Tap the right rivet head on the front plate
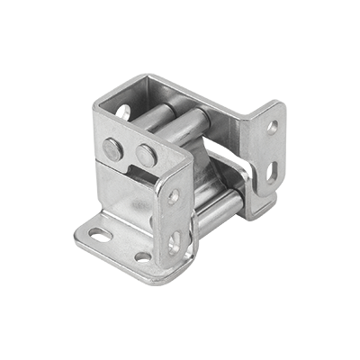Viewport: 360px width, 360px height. tap(144, 156)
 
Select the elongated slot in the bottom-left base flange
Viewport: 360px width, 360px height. tap(101, 236)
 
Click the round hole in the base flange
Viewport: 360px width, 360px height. tap(142, 257)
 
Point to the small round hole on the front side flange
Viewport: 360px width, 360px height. tap(174, 195)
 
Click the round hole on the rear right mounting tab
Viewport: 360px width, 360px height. tap(273, 128)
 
